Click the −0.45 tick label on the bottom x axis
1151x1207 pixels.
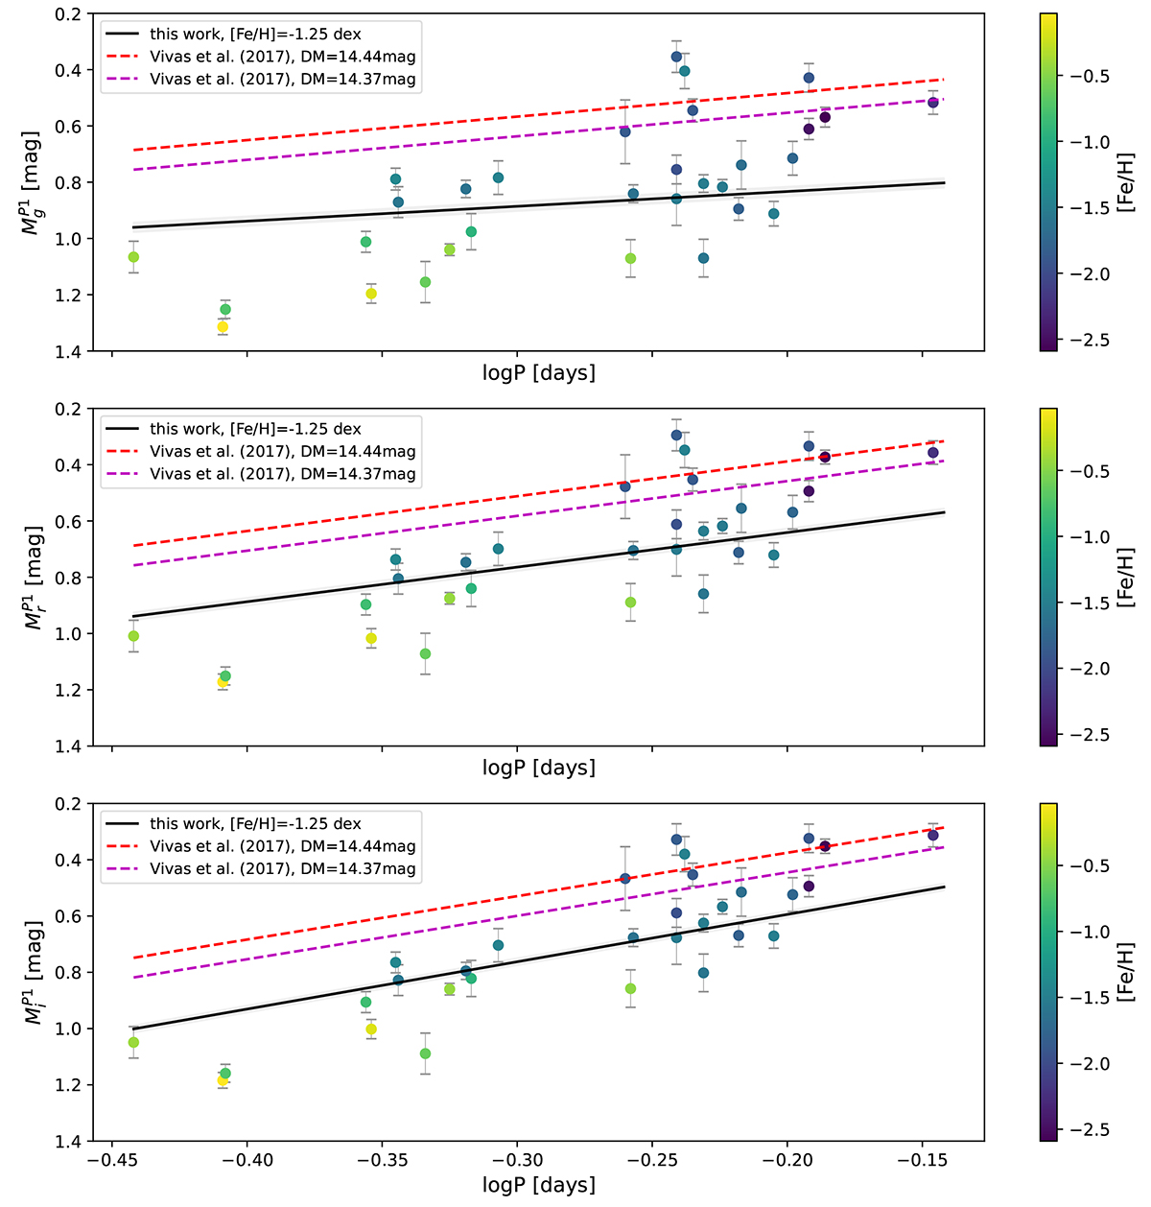tap(112, 1160)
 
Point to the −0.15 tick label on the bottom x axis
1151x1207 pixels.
tap(922, 1160)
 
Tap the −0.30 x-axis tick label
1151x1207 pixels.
tap(517, 1160)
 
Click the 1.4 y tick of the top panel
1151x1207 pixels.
tap(68, 351)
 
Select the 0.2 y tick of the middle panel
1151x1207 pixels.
tap(68, 409)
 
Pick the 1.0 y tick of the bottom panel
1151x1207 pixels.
tap(68, 1029)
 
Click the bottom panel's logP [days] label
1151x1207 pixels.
tap(539, 1185)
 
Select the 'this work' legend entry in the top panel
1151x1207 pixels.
tap(255, 35)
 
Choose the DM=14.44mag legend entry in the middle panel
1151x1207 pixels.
tap(283, 451)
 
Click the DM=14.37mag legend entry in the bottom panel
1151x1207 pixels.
tap(283, 868)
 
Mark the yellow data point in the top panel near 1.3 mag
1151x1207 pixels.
tap(223, 327)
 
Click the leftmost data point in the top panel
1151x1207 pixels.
tap(133, 257)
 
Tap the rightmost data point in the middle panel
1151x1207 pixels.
tap(932, 453)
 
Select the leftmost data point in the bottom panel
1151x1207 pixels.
tap(133, 1042)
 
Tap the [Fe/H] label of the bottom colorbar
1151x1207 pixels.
tap(1128, 972)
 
